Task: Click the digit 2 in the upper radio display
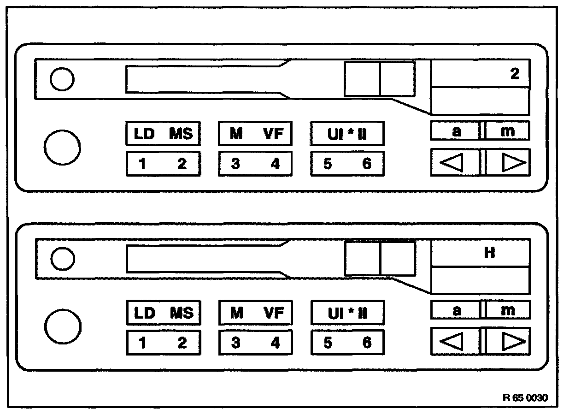(x=515, y=74)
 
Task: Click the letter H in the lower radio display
(x=489, y=253)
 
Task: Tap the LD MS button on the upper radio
(x=163, y=134)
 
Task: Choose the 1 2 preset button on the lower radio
(x=163, y=343)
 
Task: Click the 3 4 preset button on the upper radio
(x=255, y=164)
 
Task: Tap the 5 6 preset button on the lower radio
(x=347, y=343)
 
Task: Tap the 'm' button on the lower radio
(x=508, y=310)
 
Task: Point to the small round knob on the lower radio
(x=62, y=259)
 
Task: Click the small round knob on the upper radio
(x=62, y=80)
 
